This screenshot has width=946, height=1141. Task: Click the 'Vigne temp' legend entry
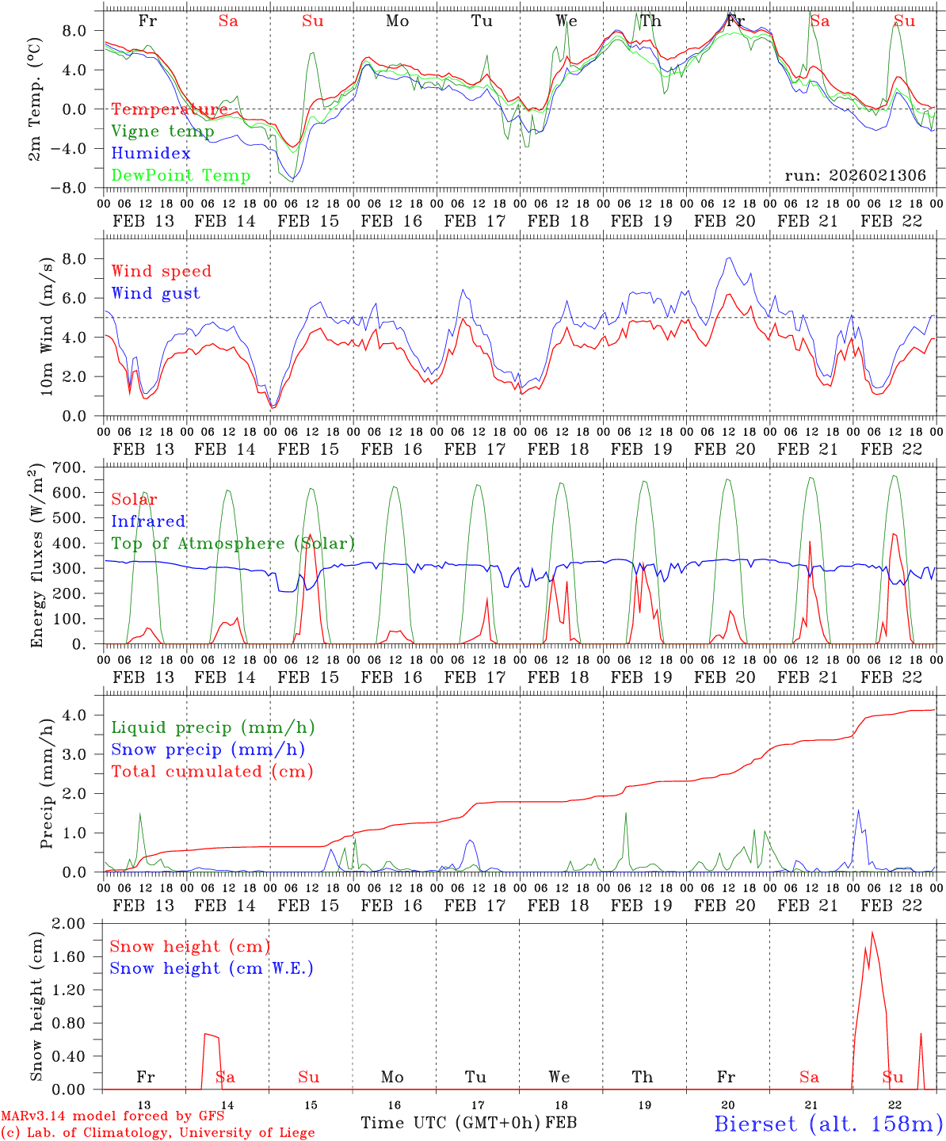[162, 132]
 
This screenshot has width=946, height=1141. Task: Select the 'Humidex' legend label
[151, 153]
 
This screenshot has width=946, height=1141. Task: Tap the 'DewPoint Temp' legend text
[181, 175]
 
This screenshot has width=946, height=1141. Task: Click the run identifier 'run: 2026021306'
[855, 176]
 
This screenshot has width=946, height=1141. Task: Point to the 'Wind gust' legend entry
[155, 293]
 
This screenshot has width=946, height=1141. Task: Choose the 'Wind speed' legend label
[161, 271]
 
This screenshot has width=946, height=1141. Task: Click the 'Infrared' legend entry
[148, 521]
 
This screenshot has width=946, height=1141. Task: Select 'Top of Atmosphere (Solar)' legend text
[233, 544]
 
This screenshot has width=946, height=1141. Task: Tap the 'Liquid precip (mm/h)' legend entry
[213, 727]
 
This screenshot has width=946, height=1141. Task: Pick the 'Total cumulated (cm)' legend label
[212, 771]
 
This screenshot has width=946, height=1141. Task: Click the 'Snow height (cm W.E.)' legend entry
[212, 968]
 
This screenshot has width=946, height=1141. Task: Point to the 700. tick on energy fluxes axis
[78, 467]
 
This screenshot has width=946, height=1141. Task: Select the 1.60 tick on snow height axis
[79, 956]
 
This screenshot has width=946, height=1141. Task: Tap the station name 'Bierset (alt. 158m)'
[828, 1124]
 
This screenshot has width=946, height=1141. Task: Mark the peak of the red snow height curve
[872, 932]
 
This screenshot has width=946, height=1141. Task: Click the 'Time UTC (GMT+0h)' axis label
[451, 1123]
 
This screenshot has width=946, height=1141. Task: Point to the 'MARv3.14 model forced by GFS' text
[113, 1116]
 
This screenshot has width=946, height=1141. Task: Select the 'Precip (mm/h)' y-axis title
[48, 792]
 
